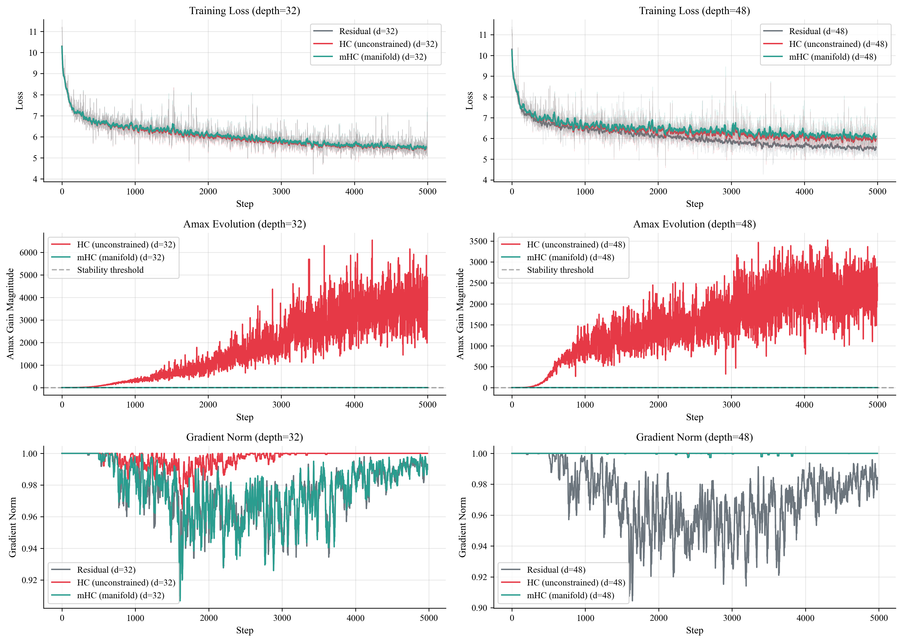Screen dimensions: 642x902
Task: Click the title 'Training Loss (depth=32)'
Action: [x=244, y=11]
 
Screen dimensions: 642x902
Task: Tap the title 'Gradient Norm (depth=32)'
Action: [x=244, y=437]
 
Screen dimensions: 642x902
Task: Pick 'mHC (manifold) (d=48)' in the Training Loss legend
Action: [x=832, y=57]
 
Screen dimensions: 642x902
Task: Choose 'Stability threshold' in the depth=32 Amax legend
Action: [x=110, y=270]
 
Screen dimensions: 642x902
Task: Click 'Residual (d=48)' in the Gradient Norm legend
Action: [x=556, y=570]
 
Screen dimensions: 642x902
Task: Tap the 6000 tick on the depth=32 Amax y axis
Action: [x=28, y=253]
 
